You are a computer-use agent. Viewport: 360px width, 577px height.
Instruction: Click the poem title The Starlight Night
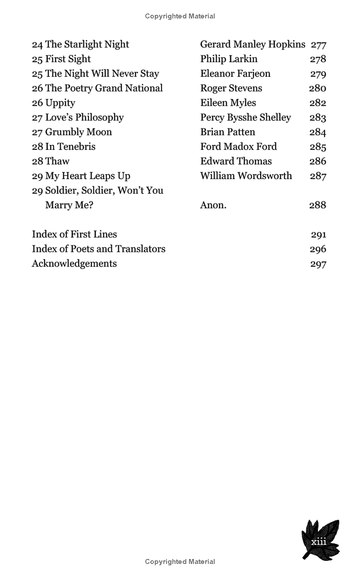click(x=87, y=45)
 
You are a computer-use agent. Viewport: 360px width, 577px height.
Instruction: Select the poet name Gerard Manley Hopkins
click(x=252, y=45)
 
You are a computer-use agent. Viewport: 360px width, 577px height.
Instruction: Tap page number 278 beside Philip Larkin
click(x=318, y=59)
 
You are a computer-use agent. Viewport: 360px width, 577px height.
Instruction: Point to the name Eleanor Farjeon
click(x=235, y=74)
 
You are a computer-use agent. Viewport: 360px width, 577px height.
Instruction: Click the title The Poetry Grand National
click(x=104, y=88)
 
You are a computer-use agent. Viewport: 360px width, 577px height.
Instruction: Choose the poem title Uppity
click(x=60, y=103)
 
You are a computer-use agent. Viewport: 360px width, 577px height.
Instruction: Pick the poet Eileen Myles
click(x=228, y=103)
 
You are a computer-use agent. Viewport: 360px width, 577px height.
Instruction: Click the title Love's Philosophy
click(x=84, y=117)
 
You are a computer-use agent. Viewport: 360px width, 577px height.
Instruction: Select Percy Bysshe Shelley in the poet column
click(x=245, y=117)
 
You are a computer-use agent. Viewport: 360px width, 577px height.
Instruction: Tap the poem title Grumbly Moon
click(x=78, y=132)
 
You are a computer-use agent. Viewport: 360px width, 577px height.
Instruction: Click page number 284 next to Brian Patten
click(x=318, y=132)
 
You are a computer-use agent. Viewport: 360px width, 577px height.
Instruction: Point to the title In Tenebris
click(x=70, y=147)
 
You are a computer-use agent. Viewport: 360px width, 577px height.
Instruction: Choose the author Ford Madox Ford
click(x=238, y=147)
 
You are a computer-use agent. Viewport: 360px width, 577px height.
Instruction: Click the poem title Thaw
click(x=57, y=161)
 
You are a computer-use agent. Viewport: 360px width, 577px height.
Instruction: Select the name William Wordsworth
click(x=246, y=176)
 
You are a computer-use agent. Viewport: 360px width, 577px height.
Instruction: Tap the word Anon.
click(x=213, y=205)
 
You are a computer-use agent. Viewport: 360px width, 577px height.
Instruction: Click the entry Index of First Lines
click(x=74, y=234)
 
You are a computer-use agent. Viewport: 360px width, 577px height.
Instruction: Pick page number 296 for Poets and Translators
click(x=318, y=249)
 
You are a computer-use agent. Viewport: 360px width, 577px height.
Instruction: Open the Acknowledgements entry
click(x=74, y=264)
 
